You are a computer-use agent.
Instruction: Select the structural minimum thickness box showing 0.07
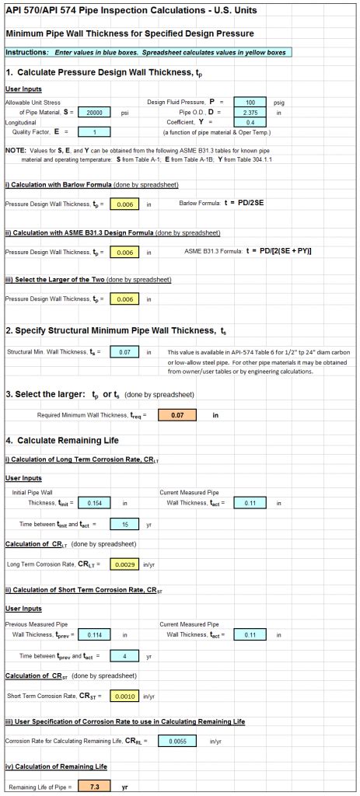[124, 353]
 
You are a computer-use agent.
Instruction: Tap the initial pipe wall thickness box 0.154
[96, 503]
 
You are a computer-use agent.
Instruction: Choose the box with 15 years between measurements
[124, 523]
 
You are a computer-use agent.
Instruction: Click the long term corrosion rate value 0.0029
[124, 564]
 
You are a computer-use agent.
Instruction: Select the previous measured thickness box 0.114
[96, 635]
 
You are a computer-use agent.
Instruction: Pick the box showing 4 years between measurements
[124, 655]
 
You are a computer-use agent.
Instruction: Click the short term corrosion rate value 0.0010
[124, 696]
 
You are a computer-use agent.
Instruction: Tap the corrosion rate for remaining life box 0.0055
[177, 742]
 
